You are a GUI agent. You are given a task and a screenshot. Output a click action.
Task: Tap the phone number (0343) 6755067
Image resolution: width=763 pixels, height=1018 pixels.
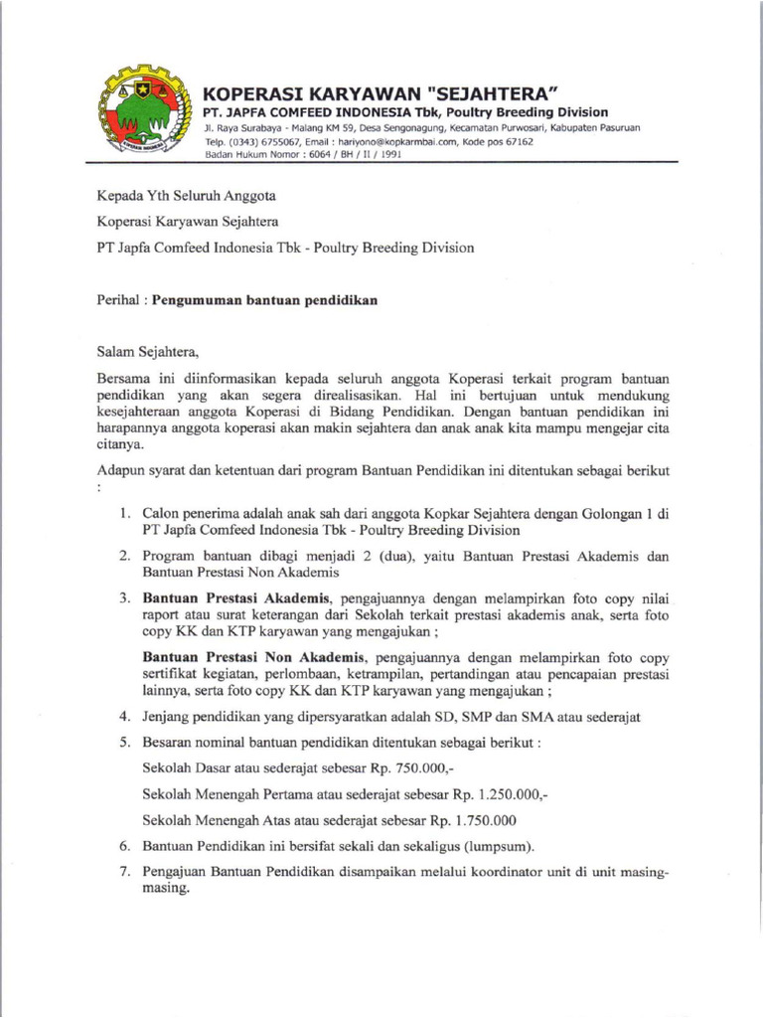point(259,142)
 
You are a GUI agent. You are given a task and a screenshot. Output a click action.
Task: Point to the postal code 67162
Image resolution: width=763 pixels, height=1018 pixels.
point(516,142)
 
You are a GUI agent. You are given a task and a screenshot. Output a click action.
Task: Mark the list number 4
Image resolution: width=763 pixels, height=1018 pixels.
point(124,716)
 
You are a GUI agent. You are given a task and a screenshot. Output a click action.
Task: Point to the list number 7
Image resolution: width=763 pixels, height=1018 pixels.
point(124,873)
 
